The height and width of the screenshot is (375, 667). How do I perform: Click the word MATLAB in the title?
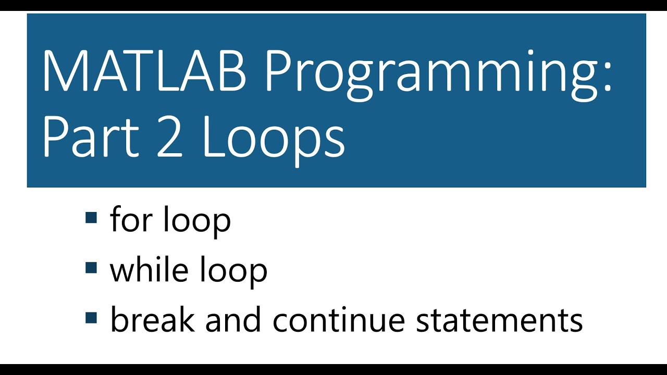[144, 70]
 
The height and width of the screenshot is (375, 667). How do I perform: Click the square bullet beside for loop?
[91, 217]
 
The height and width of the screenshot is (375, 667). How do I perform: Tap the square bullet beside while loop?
[91, 267]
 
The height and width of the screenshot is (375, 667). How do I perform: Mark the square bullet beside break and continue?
[91, 317]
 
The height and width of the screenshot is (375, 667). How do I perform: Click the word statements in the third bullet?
[499, 320]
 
